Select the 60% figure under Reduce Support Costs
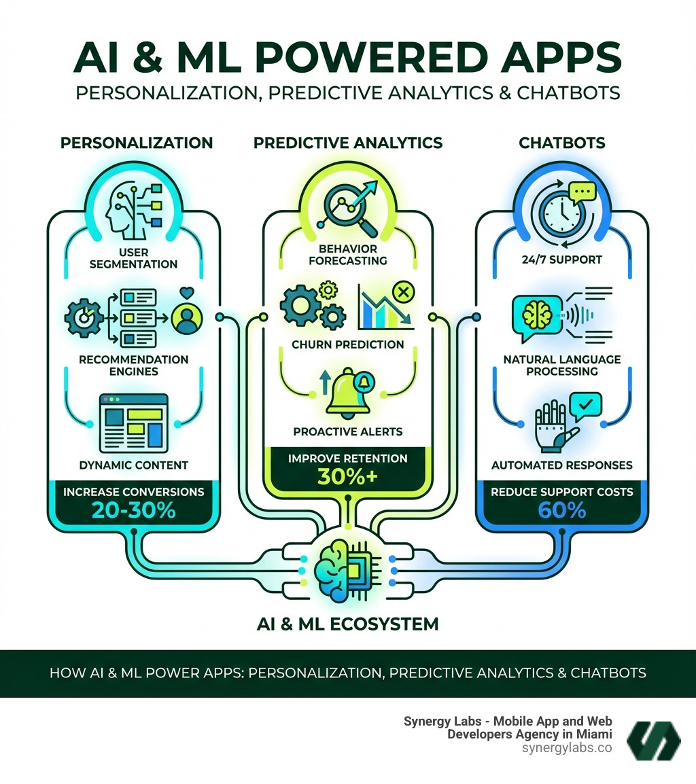pyautogui.click(x=561, y=510)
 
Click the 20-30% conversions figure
pyautogui.click(x=134, y=510)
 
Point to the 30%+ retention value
pyautogui.click(x=347, y=477)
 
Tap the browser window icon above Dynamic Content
pyautogui.click(x=133, y=423)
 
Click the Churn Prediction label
pyautogui.click(x=347, y=344)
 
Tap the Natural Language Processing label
pyautogui.click(x=561, y=365)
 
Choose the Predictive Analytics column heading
pyautogui.click(x=347, y=143)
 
